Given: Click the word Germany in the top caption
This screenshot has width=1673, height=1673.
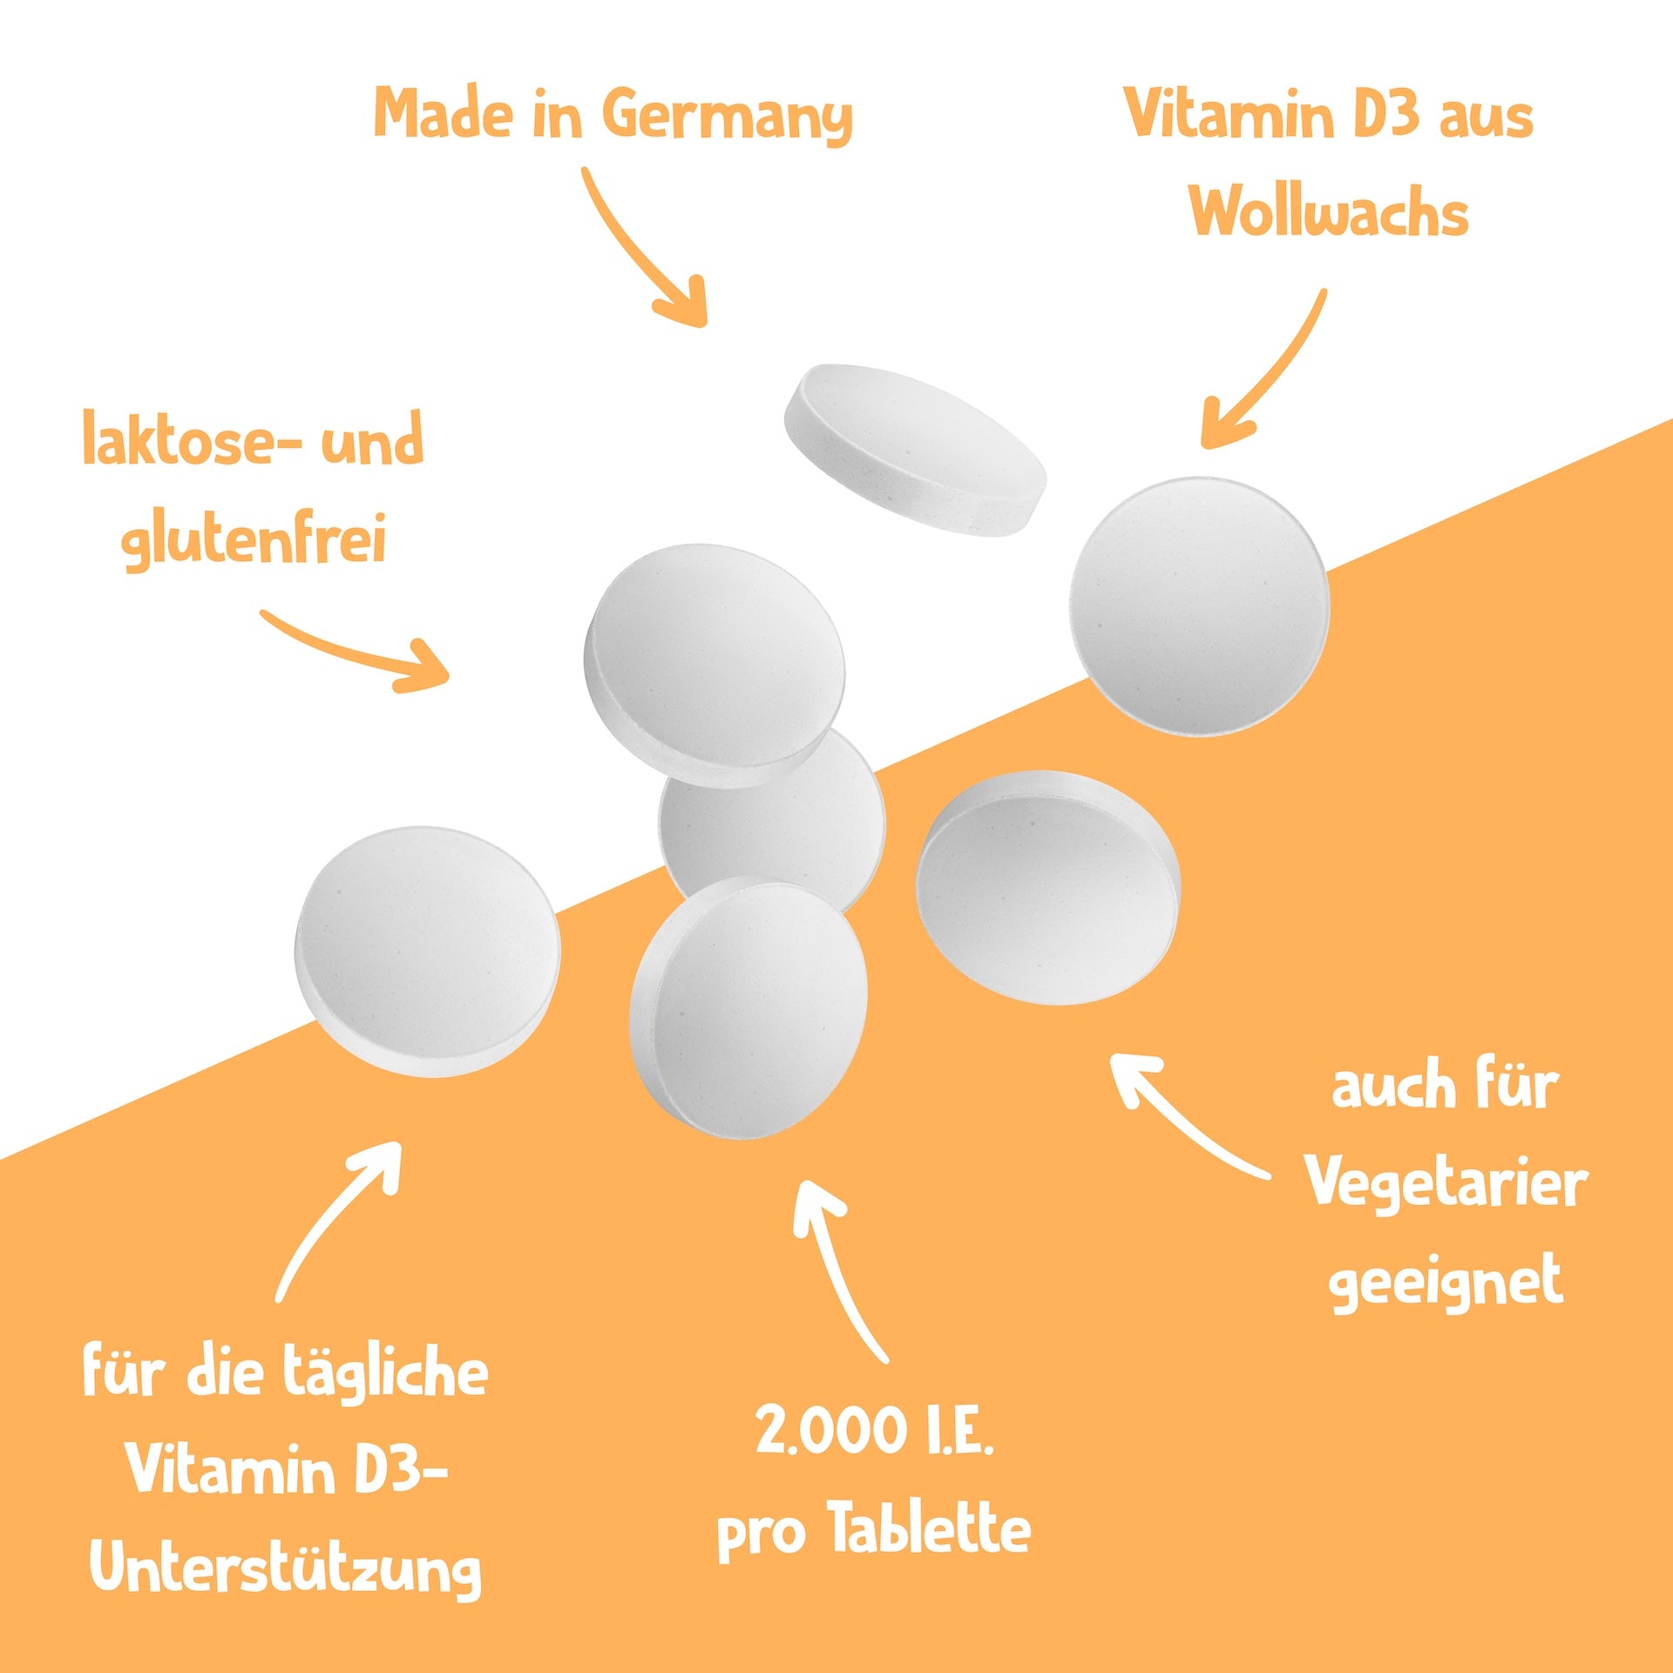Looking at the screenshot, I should (x=728, y=116).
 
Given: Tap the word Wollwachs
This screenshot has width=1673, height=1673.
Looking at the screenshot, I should (x=1329, y=212).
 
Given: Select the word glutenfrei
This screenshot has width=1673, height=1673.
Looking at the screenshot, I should (x=254, y=540).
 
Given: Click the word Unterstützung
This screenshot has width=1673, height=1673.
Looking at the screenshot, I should (x=285, y=1568).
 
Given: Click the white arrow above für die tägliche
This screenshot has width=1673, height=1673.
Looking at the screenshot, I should (x=340, y=1220).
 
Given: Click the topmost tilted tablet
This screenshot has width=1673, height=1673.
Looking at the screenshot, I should (x=915, y=449).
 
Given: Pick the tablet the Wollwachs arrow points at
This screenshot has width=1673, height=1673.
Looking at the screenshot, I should (x=1200, y=606).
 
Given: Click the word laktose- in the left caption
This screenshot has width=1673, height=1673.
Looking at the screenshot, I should (x=192, y=442).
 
